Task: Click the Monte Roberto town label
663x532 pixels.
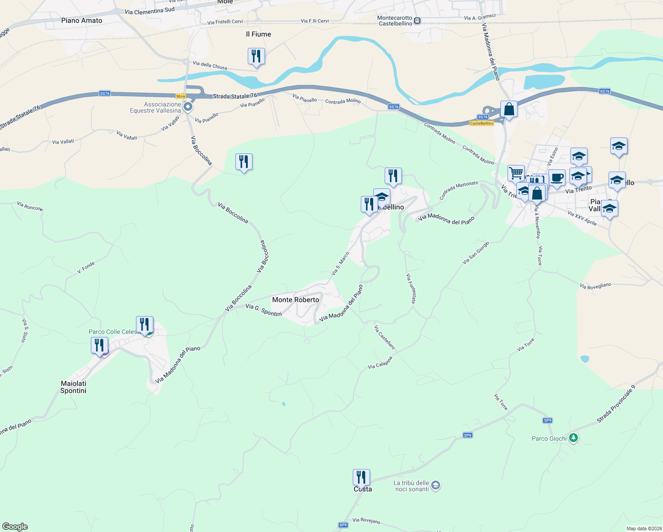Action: [x=296, y=300]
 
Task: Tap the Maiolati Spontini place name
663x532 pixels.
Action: [x=74, y=387]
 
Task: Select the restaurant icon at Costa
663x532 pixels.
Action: [x=361, y=477]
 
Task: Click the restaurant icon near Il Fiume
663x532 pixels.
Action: [x=256, y=57]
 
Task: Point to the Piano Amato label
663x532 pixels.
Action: [x=82, y=20]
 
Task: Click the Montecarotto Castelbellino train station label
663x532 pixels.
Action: [x=395, y=21]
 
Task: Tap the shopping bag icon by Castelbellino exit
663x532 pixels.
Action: [x=509, y=109]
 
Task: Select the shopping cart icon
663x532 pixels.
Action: [x=516, y=173]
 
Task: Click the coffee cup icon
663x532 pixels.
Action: [x=557, y=178]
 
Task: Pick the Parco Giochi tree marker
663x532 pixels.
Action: [x=573, y=438]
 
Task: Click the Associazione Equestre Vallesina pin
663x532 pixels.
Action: [x=188, y=106]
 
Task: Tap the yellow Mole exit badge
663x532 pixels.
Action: [x=181, y=96]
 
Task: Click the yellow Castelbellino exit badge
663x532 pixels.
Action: [x=482, y=123]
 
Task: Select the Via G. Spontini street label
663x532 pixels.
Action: [x=264, y=310]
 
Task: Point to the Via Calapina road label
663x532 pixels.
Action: [x=380, y=363]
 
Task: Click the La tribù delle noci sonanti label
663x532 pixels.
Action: [x=411, y=486]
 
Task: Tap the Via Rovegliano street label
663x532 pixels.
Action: [x=595, y=286]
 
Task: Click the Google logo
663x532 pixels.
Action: [x=15, y=527]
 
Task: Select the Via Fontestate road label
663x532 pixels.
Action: [x=411, y=288]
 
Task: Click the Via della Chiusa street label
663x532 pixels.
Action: [x=210, y=66]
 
